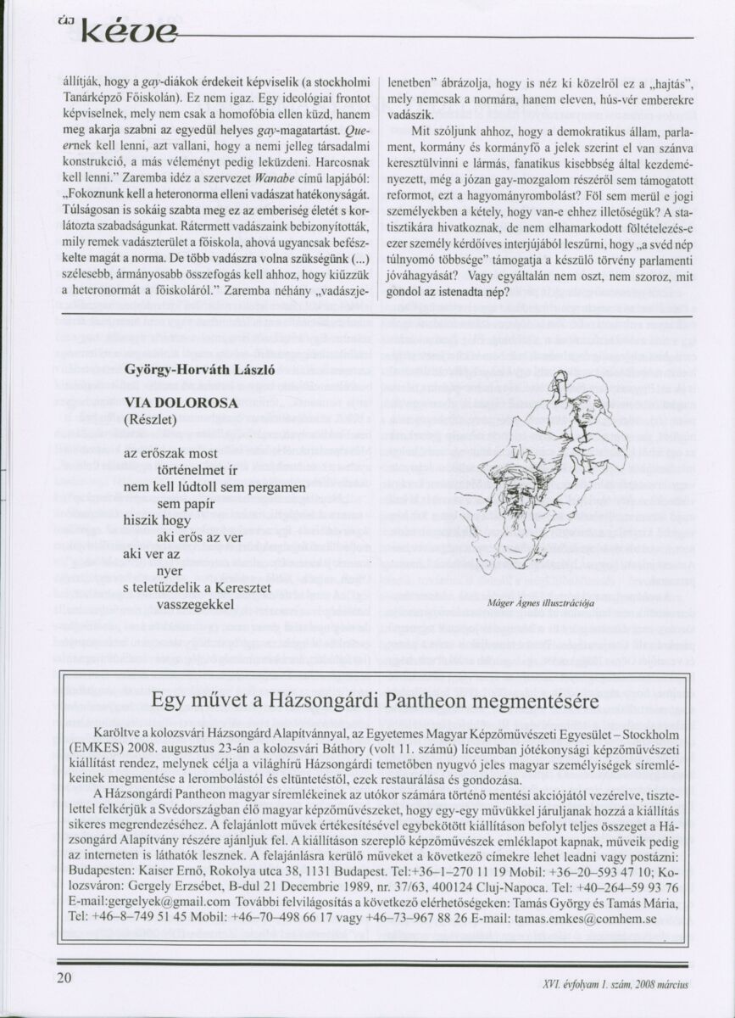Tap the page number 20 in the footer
coord(65,977)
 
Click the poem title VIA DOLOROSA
coord(181,403)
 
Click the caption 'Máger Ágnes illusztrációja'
coord(540,603)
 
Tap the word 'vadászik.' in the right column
coord(411,113)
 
